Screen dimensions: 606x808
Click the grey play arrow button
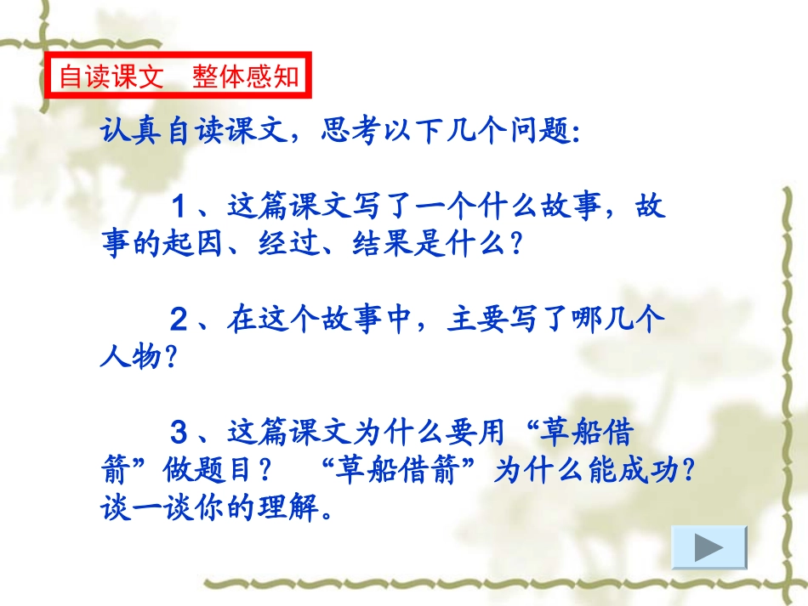(708, 547)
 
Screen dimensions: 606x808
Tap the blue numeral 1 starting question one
(179, 206)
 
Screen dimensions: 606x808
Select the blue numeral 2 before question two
(179, 320)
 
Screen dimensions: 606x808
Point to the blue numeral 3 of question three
(179, 433)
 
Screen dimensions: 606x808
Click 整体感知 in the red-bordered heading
(246, 76)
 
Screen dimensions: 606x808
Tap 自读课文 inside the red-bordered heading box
(111, 76)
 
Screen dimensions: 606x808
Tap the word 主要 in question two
(475, 320)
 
